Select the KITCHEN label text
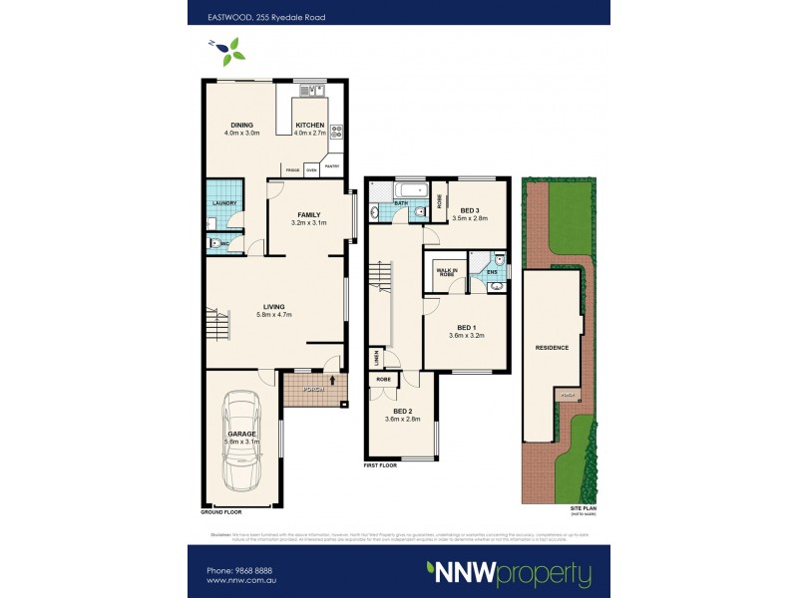(x=309, y=125)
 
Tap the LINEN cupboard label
(x=376, y=356)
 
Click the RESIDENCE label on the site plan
(x=552, y=348)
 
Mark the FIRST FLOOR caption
(x=381, y=464)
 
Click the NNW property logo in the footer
(x=509, y=573)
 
